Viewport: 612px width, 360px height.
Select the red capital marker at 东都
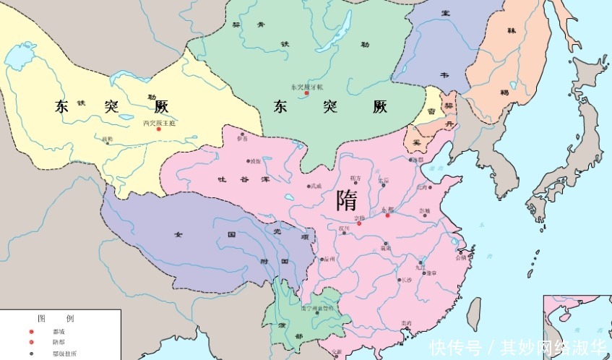[387, 215]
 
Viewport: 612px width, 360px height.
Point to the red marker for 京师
[359, 223]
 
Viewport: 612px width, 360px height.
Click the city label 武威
[315, 187]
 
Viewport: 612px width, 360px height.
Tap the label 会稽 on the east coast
[460, 256]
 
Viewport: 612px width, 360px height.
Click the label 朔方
[355, 177]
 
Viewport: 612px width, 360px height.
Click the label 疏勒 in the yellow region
[108, 139]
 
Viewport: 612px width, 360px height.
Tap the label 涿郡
[418, 160]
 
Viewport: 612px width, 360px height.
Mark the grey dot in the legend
[30, 354]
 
